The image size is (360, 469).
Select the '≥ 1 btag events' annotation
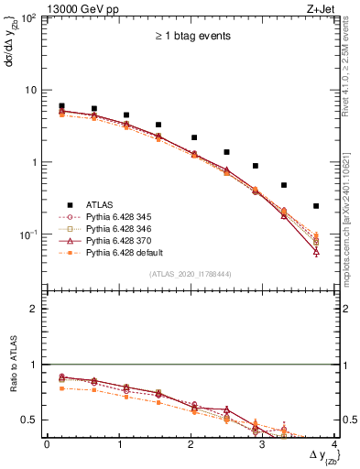[x=191, y=37]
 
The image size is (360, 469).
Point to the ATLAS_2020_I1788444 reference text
[x=190, y=274]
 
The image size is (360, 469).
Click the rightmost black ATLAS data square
[x=316, y=206]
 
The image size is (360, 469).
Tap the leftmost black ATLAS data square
[x=61, y=106]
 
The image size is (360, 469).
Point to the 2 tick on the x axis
[x=191, y=444]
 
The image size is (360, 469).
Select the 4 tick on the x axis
[x=335, y=444]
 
